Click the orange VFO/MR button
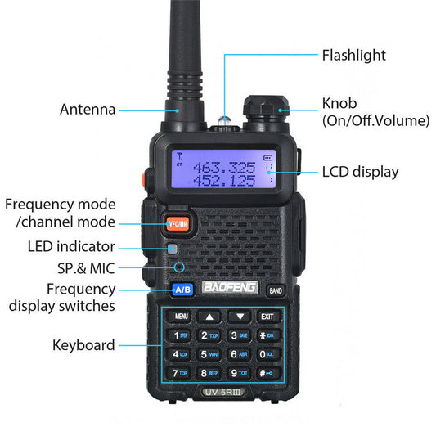176,222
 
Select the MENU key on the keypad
181,316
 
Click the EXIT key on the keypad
267,316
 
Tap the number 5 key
210,354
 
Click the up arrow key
210,316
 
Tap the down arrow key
239,316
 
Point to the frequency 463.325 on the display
222,166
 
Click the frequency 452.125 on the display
222,179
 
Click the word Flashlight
353,56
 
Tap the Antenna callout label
88,110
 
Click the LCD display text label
360,172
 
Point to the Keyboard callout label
83,345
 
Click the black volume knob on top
262,111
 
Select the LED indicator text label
71,246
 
